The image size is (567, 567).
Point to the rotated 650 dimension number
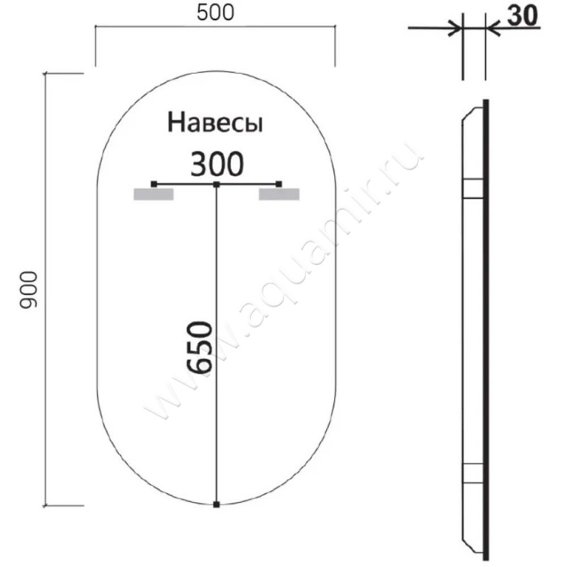[x=201, y=347]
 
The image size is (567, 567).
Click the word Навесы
[x=215, y=123]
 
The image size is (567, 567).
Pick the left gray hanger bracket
[x=153, y=195]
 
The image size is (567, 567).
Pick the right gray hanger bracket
[x=279, y=195]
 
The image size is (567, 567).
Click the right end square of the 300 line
[x=279, y=184]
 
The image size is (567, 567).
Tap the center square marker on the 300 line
[x=216, y=185]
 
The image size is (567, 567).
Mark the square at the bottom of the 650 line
[x=216, y=505]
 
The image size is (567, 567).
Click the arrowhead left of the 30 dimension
[x=454, y=28]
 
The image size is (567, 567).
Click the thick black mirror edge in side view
[x=486, y=326]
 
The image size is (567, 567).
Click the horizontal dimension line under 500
[x=215, y=27]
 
